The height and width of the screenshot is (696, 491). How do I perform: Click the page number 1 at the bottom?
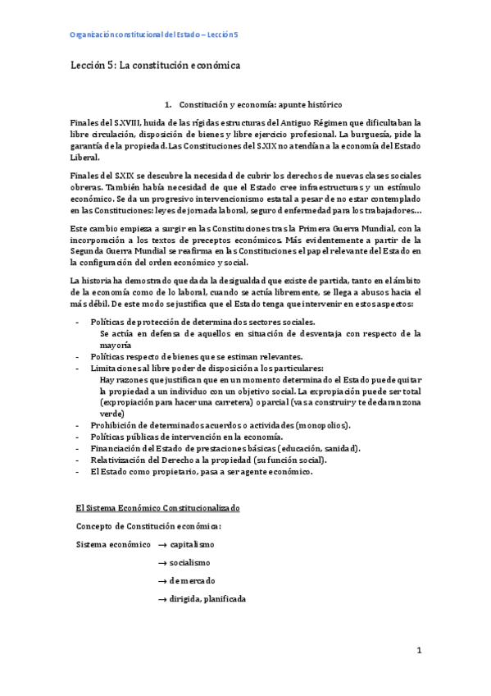(x=418, y=651)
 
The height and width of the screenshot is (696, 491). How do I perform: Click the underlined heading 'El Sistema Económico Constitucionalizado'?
(x=157, y=509)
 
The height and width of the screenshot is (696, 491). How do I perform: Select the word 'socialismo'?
(x=190, y=562)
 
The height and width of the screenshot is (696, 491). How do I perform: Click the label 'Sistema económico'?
(x=113, y=544)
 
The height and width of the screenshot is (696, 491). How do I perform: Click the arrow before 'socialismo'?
(x=162, y=562)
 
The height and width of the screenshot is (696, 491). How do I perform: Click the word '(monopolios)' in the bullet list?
(x=325, y=425)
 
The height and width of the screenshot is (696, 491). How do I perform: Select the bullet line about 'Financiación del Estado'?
(x=225, y=448)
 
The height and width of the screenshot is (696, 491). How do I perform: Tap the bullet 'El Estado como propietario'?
(x=201, y=471)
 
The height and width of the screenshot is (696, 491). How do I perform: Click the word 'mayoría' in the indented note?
(x=115, y=346)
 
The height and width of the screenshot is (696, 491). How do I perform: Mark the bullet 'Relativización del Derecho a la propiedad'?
(x=215, y=460)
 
